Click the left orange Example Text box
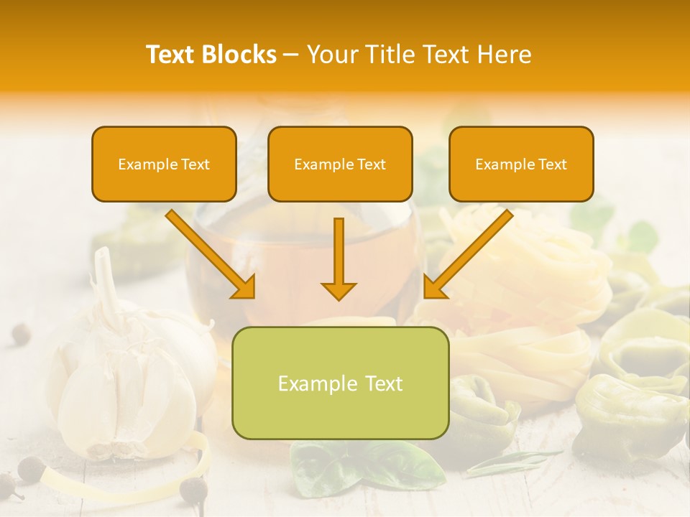164,164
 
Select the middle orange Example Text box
340,164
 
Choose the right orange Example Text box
521,164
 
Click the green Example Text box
340,383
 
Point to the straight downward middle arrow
339,258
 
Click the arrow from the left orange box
211,255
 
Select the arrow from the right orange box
467,255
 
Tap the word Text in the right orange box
552,164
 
